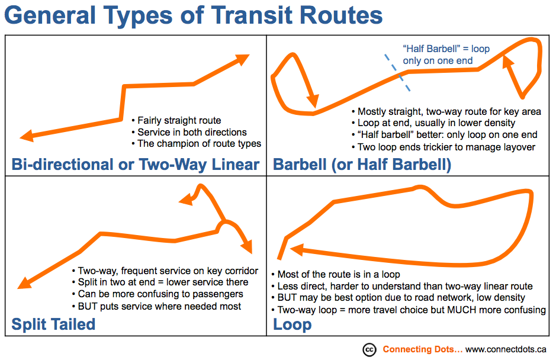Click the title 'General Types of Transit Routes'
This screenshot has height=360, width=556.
point(194,15)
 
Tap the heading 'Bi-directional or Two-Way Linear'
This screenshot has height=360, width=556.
point(136,165)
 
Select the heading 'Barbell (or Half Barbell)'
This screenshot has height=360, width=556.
point(362,165)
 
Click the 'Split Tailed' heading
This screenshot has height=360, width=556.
point(53,324)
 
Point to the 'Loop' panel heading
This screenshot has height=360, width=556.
point(292,324)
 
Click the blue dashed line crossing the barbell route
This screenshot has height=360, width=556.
point(397,73)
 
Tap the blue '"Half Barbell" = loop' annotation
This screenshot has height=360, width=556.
point(446,49)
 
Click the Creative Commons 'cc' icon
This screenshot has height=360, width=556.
point(369,350)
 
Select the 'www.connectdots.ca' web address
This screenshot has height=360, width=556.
point(506,349)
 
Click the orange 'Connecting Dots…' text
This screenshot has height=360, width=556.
point(423,349)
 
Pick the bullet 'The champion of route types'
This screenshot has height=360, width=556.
point(197,144)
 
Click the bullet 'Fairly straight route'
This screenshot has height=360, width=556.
point(176,121)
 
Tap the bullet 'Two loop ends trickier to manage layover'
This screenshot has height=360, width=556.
point(443,147)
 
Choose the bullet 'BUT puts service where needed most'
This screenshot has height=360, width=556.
point(157,307)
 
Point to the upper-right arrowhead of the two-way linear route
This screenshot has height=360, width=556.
point(243,59)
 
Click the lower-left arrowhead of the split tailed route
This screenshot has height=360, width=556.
point(24,282)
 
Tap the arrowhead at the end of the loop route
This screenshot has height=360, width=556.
point(297,249)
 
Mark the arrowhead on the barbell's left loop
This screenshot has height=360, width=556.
point(313,100)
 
